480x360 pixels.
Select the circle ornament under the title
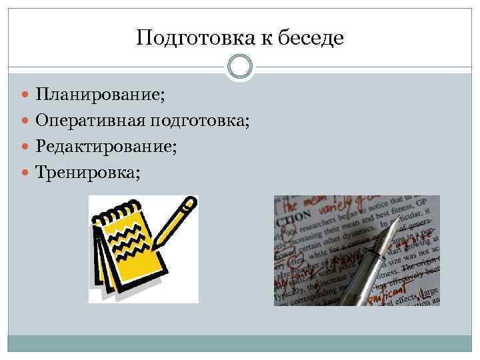point(240,67)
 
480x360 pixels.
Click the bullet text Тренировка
point(87,173)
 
